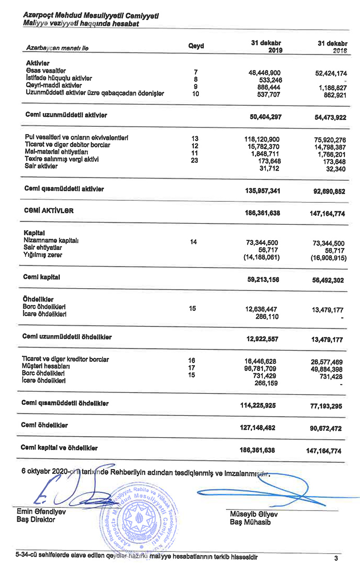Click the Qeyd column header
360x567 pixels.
(x=196, y=46)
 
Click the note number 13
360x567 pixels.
(x=195, y=138)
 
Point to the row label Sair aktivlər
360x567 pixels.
(x=41, y=166)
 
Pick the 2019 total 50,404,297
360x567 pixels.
(x=265, y=117)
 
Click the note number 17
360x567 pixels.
(x=191, y=367)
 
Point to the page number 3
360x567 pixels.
(x=336, y=558)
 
